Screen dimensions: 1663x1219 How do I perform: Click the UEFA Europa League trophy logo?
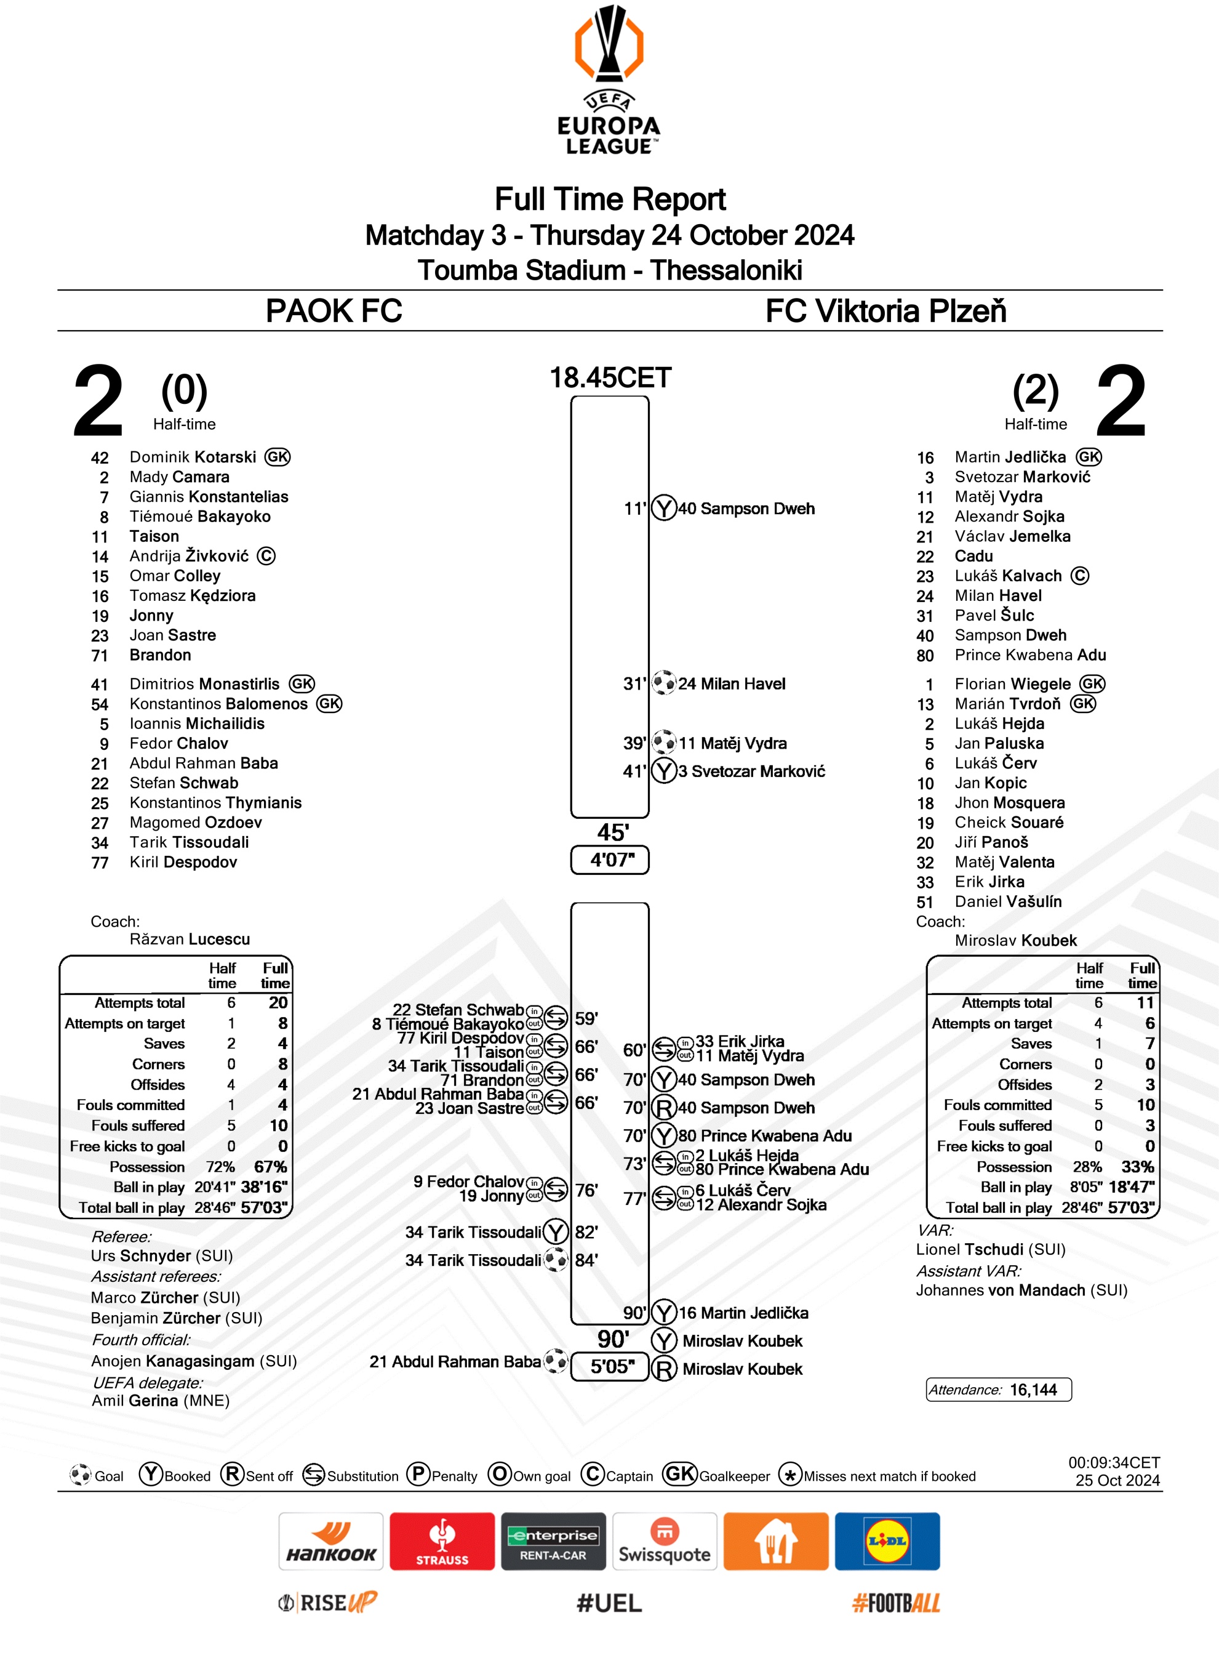point(609,44)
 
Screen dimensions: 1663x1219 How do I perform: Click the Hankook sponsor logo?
point(330,1541)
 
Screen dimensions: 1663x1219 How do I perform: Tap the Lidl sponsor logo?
point(887,1541)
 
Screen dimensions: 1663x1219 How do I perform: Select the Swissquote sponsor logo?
point(664,1541)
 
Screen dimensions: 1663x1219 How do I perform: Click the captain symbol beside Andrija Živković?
point(266,556)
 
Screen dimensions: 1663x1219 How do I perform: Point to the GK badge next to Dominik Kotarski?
point(278,457)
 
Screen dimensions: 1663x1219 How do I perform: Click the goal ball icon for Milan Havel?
point(664,683)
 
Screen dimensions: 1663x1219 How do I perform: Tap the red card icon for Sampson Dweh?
point(664,1107)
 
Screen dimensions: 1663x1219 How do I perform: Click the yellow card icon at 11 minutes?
point(664,508)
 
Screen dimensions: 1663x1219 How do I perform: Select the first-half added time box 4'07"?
point(609,860)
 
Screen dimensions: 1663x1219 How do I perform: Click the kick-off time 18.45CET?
point(610,378)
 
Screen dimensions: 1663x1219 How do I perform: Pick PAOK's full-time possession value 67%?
point(270,1166)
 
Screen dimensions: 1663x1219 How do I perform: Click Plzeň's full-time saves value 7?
point(1149,1043)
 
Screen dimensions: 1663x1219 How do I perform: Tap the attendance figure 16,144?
point(1033,1390)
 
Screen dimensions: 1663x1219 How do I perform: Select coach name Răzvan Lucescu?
point(190,939)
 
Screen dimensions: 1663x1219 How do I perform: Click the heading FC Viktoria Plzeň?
point(885,311)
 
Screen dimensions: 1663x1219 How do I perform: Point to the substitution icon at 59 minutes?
point(556,1017)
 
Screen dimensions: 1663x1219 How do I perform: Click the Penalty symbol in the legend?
point(418,1474)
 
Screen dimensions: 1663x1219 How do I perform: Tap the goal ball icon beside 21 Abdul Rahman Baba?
point(556,1360)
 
